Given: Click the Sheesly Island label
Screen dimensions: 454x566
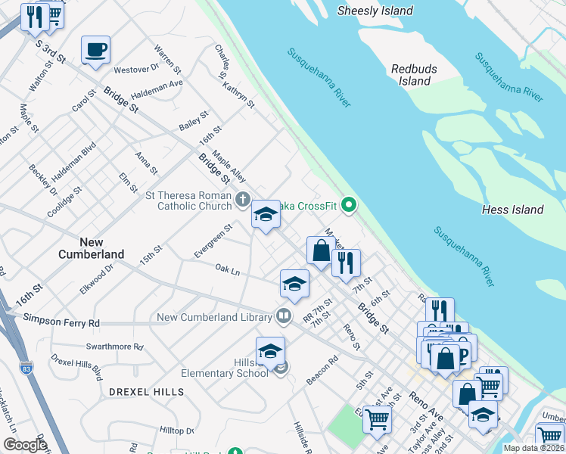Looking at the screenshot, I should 375,11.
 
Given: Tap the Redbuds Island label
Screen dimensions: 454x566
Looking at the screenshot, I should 414,75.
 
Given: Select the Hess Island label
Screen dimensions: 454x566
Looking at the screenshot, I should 512,210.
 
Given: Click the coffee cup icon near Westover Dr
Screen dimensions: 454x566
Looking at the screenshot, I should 95,50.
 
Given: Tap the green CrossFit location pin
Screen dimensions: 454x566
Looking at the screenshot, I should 349,204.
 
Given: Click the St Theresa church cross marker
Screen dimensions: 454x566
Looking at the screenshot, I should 242,200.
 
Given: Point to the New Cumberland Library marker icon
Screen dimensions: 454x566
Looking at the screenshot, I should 284,314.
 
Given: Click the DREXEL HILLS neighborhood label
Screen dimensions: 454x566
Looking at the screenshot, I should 146,392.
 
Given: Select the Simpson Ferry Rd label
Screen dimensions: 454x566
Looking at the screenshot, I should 62,322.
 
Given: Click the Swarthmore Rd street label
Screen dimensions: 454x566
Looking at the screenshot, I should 114,347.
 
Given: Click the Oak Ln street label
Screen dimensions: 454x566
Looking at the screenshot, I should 227,269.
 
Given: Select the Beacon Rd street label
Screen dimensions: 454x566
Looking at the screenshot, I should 322,371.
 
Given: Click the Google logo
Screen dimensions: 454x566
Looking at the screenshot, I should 24,445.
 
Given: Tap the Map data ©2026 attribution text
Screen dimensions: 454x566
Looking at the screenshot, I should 533,448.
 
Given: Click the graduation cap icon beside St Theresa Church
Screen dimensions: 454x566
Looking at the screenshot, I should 266,216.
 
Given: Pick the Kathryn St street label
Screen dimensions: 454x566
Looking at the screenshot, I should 240,89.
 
